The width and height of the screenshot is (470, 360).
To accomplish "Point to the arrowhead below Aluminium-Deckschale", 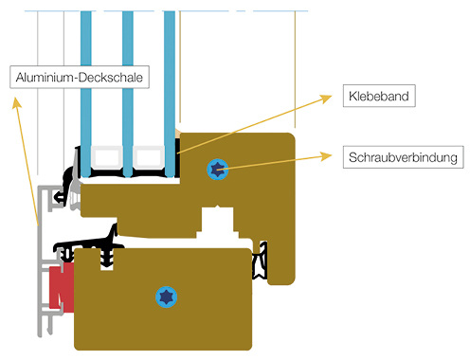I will [16, 101].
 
